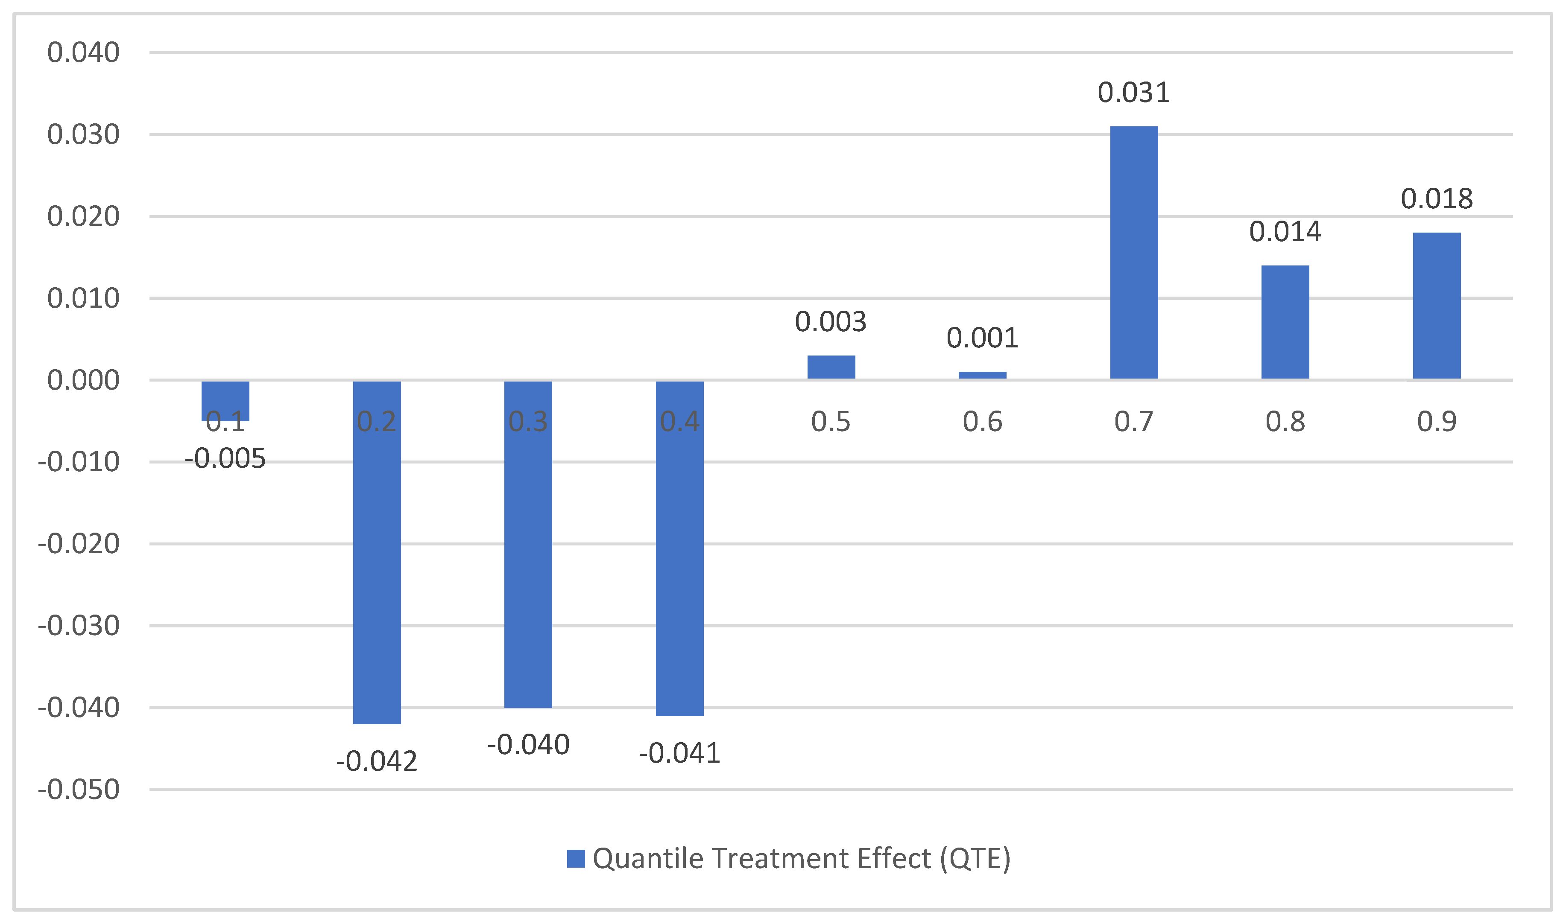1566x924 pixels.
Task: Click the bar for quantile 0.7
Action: click(x=1134, y=252)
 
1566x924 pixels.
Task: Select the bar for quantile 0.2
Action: click(x=377, y=552)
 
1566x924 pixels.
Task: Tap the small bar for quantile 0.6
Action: click(x=982, y=375)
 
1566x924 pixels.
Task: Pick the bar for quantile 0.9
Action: click(x=1437, y=305)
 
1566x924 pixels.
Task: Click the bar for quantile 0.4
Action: click(x=679, y=548)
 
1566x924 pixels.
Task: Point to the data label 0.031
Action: click(x=1134, y=93)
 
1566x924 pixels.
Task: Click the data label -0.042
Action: click(x=377, y=761)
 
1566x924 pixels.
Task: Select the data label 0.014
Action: click(x=1285, y=232)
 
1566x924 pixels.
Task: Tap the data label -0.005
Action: click(x=225, y=459)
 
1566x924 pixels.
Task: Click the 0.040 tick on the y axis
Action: click(x=83, y=52)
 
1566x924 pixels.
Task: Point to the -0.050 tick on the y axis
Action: click(x=79, y=790)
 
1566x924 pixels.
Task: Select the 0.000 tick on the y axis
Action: click(x=83, y=380)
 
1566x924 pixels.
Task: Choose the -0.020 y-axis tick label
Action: click(x=79, y=544)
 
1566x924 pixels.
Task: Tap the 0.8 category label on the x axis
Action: click(x=1285, y=422)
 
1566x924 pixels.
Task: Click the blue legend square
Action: click(x=576, y=859)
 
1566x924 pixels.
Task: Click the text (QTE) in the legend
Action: click(x=975, y=859)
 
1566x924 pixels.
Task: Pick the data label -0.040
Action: click(x=528, y=745)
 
